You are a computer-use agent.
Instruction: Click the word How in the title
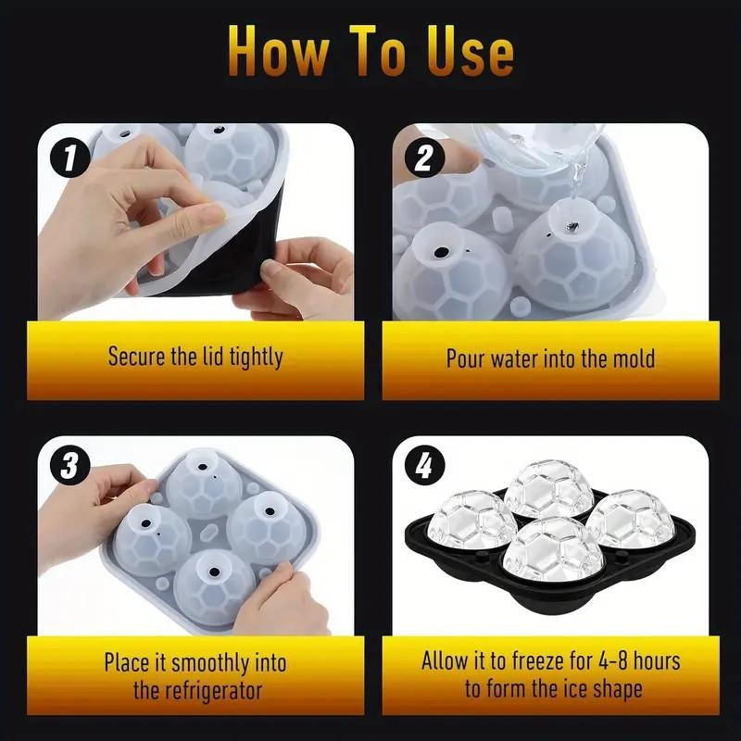278,53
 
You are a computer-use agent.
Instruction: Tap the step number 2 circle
422,158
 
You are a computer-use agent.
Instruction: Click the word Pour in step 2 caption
466,358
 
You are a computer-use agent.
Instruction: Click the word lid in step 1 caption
208,357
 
